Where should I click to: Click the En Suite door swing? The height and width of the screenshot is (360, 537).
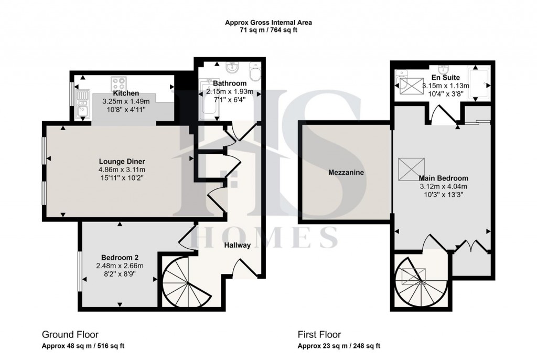click(439, 114)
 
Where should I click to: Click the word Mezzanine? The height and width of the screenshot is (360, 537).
click(346, 172)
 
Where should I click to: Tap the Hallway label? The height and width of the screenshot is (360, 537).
click(238, 245)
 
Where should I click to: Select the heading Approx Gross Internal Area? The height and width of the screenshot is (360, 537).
click(268, 23)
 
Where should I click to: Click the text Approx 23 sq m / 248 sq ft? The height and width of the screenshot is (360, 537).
click(339, 346)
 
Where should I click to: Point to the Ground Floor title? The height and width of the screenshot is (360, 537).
click(70, 334)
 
